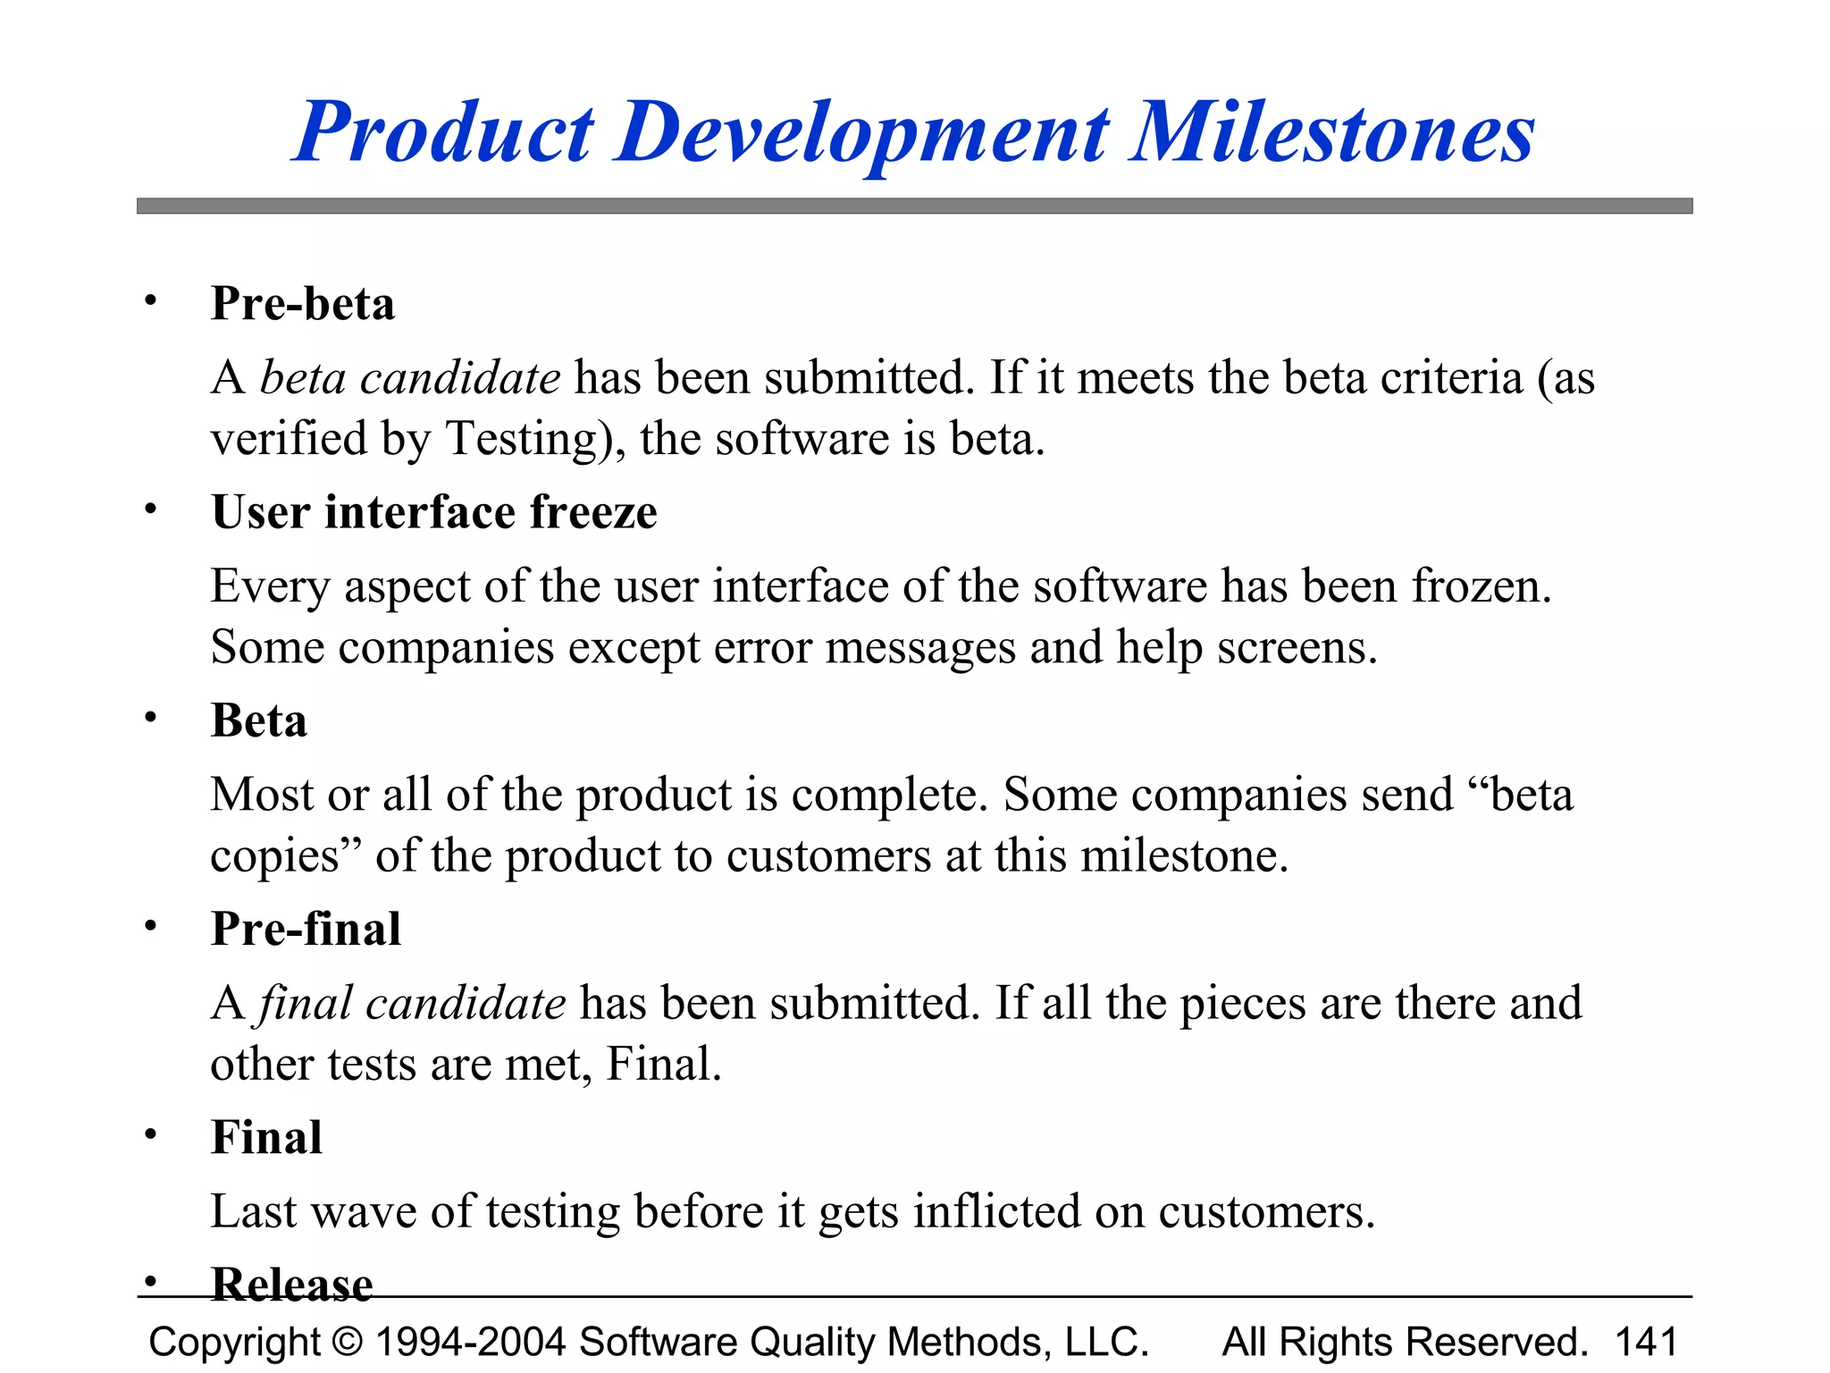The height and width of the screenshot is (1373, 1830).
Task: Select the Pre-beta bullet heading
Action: (x=303, y=303)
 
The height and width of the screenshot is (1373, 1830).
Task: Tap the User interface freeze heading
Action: (x=434, y=512)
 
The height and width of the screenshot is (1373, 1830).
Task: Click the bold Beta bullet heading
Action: (x=259, y=720)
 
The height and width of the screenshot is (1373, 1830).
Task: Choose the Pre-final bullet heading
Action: (x=306, y=929)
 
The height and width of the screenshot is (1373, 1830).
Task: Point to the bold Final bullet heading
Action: (x=266, y=1137)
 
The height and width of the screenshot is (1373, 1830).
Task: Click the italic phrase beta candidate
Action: (x=410, y=377)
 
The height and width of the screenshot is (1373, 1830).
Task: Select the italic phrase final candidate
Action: (x=412, y=1003)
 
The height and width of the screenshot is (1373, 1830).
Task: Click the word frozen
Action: (x=1481, y=586)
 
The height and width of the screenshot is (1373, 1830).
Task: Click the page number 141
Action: (x=1646, y=1342)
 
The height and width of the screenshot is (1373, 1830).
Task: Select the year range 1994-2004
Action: (x=470, y=1342)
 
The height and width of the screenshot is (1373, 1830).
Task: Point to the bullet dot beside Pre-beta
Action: (x=151, y=301)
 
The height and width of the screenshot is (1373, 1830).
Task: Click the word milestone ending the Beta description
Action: (x=1184, y=856)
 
